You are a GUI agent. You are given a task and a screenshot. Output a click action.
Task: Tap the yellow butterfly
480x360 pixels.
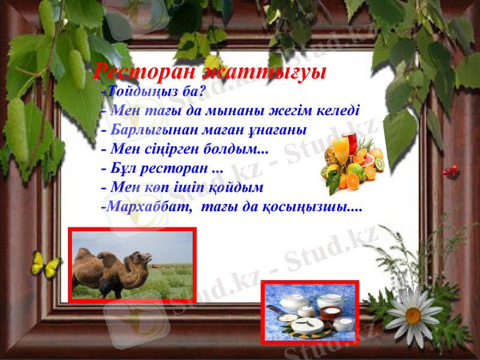pos(46,264)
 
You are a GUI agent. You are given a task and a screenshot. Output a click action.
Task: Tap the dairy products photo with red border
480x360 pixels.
pos(310,312)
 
